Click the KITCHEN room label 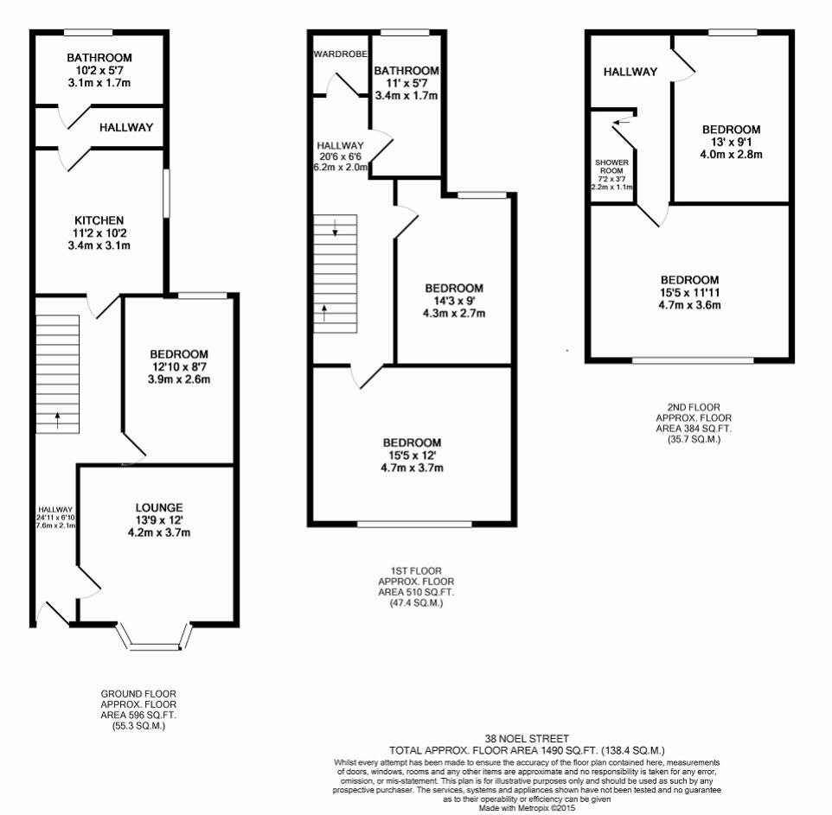point(99,220)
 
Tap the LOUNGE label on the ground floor point(158,506)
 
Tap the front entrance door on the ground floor point(52,614)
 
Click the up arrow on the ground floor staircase point(58,420)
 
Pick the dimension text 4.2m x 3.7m point(158,532)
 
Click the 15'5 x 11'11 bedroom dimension point(690,292)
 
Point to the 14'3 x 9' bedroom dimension point(453,301)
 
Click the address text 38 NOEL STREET point(527,739)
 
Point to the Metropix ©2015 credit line point(527,808)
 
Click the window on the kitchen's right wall point(167,193)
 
